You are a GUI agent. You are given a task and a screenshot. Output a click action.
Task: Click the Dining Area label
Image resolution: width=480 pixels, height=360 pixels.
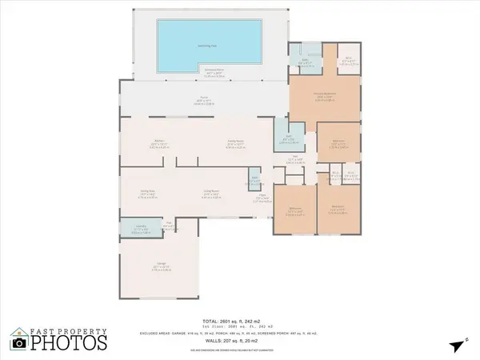point(147,192)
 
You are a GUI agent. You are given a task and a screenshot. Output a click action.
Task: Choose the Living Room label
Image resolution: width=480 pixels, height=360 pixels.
point(211,192)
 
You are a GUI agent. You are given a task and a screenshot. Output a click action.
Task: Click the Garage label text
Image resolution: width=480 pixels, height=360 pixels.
point(161,267)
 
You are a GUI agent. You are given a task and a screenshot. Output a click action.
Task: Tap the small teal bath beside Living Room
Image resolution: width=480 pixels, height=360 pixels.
point(254,181)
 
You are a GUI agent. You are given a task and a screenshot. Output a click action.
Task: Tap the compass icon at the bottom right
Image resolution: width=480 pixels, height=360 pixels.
point(455,346)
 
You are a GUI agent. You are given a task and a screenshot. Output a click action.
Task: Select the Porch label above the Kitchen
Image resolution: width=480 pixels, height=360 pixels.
point(205,102)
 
